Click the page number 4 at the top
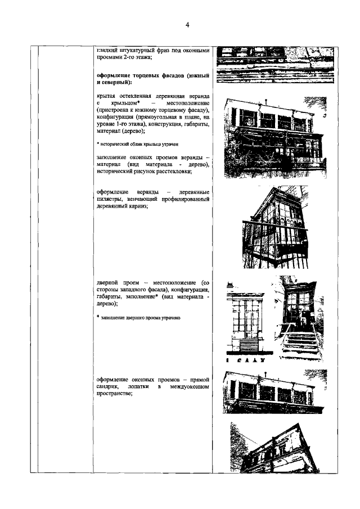188,24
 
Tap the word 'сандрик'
112,388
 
